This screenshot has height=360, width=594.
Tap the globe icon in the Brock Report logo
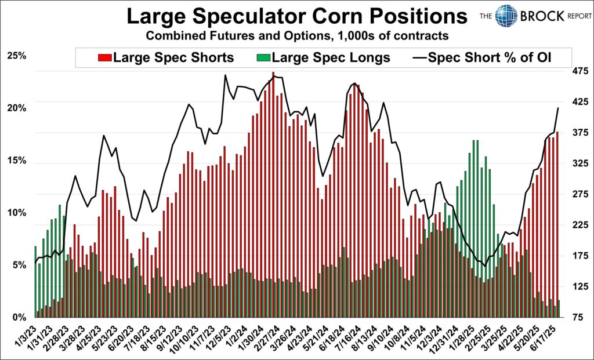coord(506,16)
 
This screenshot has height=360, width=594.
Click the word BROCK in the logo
coord(542,16)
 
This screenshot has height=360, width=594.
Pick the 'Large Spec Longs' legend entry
coord(324,58)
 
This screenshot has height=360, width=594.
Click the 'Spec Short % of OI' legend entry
coord(484,58)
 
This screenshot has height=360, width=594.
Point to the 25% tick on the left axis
coord(17,56)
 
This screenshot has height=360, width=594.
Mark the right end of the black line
coord(558,108)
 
